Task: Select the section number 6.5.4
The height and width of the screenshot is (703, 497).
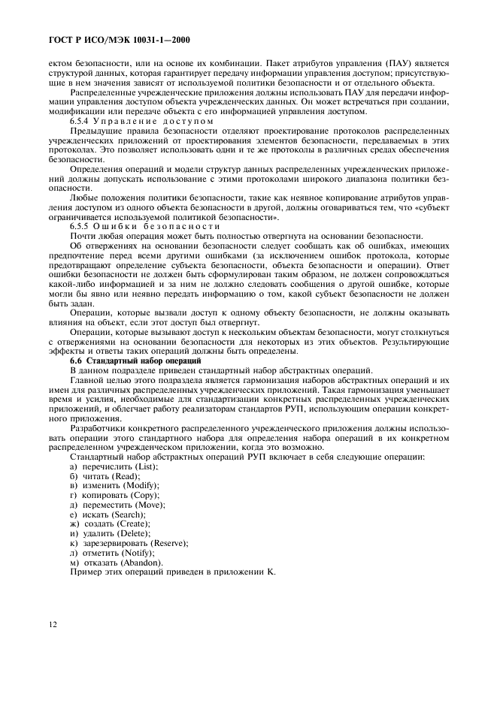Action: point(80,121)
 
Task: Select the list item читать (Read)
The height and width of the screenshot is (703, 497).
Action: point(105,477)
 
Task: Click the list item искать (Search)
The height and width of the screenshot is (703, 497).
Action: point(107,515)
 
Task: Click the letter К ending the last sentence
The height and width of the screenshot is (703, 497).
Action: point(271,572)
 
